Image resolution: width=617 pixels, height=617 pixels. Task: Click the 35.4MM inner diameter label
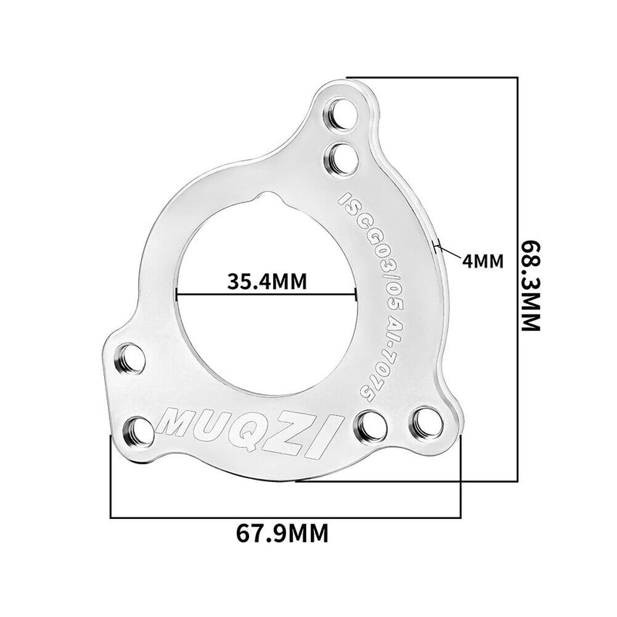pyautogui.click(x=267, y=281)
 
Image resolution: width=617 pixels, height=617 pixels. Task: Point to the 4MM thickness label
pyautogui.click(x=484, y=261)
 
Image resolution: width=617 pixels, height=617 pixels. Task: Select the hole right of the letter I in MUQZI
pyautogui.click(x=373, y=425)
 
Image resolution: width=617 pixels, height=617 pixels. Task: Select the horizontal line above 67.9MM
pyautogui.click(x=285, y=516)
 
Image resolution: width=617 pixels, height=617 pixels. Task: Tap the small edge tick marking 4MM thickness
pyautogui.click(x=439, y=247)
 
